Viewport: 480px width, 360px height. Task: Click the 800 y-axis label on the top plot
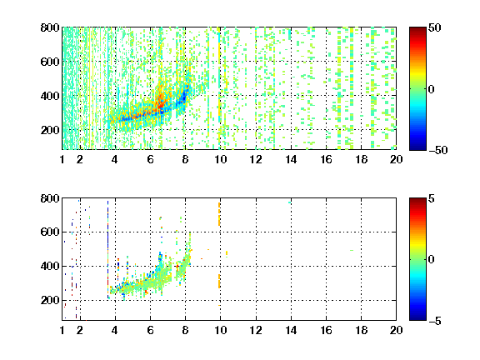tap(50, 27)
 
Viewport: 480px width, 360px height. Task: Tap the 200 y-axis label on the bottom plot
tap(50, 300)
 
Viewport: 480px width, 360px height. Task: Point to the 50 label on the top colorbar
tap(434, 27)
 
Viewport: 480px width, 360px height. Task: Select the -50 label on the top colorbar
tap(437, 150)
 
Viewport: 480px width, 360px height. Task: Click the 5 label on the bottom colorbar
tap(432, 198)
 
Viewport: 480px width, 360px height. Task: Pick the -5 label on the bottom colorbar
tap(435, 321)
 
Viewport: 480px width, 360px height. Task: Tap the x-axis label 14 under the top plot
tap(291, 159)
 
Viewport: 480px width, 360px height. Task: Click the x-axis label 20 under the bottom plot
tap(396, 330)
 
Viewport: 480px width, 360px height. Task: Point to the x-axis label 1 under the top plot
tap(62, 159)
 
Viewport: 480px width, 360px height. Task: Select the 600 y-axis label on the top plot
tap(50, 62)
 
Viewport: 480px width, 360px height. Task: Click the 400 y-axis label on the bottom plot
tap(50, 266)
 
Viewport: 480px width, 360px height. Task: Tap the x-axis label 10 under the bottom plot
tap(220, 330)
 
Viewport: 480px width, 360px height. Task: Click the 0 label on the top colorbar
tap(432, 89)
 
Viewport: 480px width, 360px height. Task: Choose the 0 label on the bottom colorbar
tap(432, 260)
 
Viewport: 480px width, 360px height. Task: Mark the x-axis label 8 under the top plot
tap(185, 159)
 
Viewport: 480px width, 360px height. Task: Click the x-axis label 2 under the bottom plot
tap(80, 330)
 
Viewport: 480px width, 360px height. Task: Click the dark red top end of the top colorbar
tap(417, 28)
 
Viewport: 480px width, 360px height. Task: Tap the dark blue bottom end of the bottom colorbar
tap(417, 319)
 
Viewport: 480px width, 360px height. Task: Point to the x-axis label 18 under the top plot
tap(361, 159)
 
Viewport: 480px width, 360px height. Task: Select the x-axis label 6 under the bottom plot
tap(150, 330)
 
